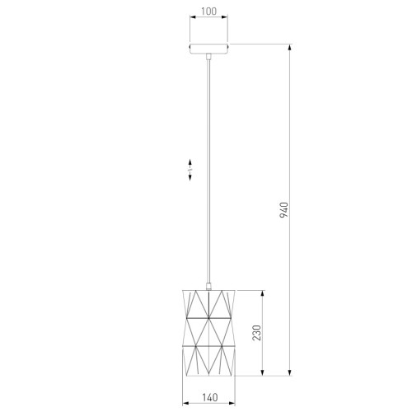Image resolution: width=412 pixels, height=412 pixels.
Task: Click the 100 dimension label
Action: point(208,12)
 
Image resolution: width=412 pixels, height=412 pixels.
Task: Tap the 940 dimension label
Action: point(284,210)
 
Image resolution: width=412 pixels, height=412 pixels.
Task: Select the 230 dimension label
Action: point(256,333)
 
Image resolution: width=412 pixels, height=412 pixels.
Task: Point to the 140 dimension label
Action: point(210,397)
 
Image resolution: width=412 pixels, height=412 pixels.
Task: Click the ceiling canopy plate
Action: point(208,48)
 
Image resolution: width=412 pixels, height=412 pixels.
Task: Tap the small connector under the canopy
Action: point(208,56)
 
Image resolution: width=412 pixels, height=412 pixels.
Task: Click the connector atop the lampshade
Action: point(208,287)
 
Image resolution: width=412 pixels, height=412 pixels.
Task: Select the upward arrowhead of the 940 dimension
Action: point(289,47)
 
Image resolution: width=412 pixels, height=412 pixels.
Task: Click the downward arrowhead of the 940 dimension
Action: point(289,372)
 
